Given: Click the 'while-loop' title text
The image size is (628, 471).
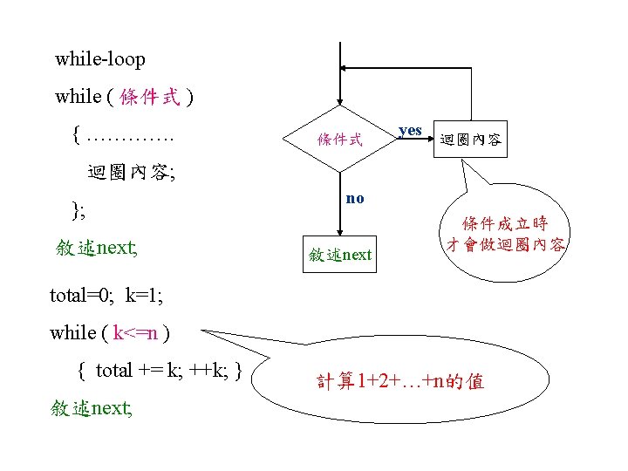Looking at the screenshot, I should [x=100, y=60].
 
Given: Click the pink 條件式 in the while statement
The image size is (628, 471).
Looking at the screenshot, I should [x=151, y=97].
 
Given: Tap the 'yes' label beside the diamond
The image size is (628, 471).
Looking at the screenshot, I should [x=410, y=130].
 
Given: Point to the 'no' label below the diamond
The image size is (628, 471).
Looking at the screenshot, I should [x=354, y=198].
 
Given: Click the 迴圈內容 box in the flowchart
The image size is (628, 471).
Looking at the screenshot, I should [x=471, y=139].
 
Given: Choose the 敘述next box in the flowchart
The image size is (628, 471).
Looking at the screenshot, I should [x=340, y=255].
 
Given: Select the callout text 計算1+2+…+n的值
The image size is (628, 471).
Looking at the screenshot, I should [x=400, y=381].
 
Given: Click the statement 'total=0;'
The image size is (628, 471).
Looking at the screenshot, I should [x=80, y=295].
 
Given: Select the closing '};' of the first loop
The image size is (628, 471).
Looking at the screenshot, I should [x=79, y=209].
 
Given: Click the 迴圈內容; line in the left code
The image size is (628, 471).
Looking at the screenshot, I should [x=131, y=172].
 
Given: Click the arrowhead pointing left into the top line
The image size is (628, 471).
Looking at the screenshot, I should [x=348, y=66].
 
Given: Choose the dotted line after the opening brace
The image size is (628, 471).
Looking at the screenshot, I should [x=132, y=137].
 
